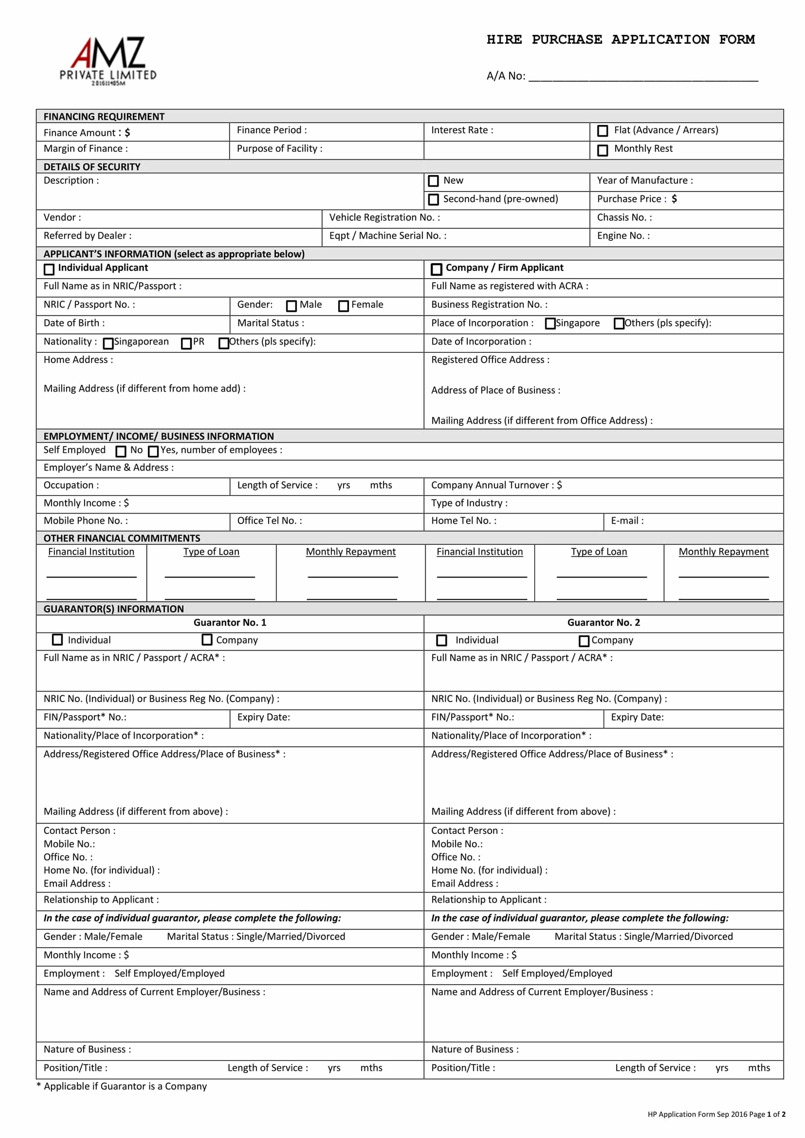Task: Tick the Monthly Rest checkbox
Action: coord(602,150)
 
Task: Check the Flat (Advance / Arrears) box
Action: coord(602,131)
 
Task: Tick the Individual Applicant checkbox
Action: coord(49,269)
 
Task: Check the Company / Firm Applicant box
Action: coord(436,269)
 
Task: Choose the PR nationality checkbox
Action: coord(186,343)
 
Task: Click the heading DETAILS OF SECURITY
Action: coord(92,167)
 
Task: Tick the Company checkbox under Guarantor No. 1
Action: coord(207,640)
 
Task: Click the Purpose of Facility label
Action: coord(279,148)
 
